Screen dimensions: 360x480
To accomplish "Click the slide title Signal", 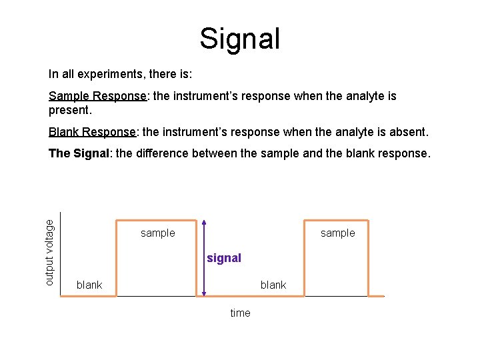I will (240, 39).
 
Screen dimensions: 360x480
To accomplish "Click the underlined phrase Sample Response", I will (97, 96).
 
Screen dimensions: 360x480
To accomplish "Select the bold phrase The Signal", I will (79, 153).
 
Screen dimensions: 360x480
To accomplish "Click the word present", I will (69, 109).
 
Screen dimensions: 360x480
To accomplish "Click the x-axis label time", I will (240, 313).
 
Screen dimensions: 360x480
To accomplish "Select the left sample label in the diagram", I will (158, 233).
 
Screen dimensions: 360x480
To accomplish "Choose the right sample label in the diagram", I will (338, 233).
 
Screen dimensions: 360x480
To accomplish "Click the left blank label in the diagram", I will (89, 285).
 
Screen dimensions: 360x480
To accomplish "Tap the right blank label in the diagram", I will (273, 285).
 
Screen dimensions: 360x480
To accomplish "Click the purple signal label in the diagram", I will (224, 258).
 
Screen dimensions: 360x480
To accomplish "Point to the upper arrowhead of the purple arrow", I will (204, 223).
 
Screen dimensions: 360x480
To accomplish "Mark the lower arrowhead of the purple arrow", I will (204, 292).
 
